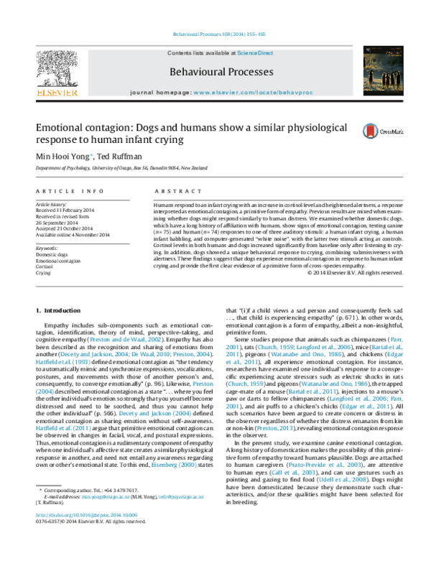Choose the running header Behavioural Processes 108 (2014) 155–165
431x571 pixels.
click(215, 34)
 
